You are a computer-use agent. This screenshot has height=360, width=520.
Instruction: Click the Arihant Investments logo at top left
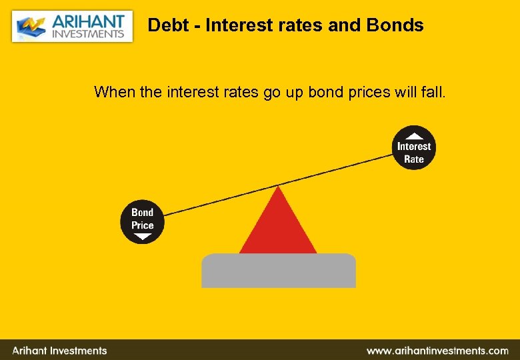pyautogui.click(x=72, y=26)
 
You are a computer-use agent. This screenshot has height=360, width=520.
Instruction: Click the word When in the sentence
pyautogui.click(x=115, y=91)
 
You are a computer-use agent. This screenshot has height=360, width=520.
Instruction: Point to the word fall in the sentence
pyautogui.click(x=433, y=91)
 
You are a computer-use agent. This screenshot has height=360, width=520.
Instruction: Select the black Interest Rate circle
pyautogui.click(x=413, y=149)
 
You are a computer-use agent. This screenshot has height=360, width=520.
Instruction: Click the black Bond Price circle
pyautogui.click(x=142, y=221)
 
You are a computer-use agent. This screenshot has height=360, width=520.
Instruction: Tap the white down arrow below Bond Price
pyautogui.click(x=142, y=236)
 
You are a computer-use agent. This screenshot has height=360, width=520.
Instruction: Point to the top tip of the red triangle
pyautogui.click(x=277, y=187)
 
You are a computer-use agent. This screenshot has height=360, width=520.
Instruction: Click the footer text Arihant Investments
pyautogui.click(x=59, y=350)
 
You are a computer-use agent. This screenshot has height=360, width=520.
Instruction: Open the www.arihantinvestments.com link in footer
pyautogui.click(x=437, y=350)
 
